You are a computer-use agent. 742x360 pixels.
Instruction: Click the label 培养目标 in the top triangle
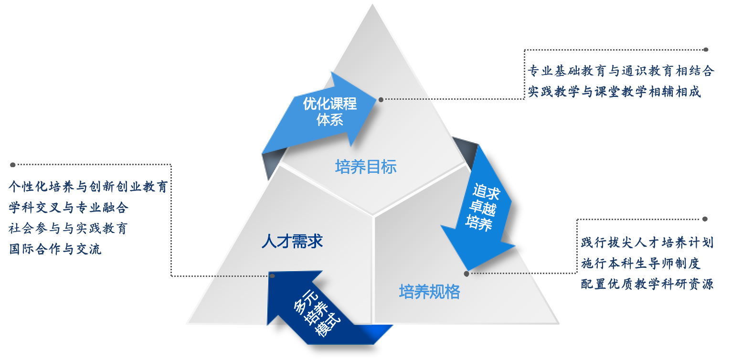pyautogui.click(x=366, y=167)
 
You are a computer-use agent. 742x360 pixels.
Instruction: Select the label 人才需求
pyautogui.click(x=292, y=241)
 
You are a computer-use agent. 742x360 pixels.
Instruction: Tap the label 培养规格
pyautogui.click(x=429, y=292)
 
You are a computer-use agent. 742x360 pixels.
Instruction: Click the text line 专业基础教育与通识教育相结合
pyautogui.click(x=621, y=71)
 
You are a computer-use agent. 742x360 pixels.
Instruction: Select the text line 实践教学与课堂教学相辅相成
pyautogui.click(x=615, y=92)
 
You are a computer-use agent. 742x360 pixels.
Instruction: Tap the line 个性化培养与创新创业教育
pyautogui.click(x=88, y=187)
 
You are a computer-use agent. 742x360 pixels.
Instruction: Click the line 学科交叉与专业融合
pyautogui.click(x=69, y=208)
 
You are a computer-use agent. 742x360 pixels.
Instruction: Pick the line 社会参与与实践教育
pyautogui.click(x=68, y=228)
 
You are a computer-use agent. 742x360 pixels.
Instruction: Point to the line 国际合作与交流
pyautogui.click(x=55, y=249)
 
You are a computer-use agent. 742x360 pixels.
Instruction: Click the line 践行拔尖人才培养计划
pyautogui.click(x=647, y=243)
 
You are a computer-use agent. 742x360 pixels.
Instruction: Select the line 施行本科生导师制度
pyautogui.click(x=640, y=263)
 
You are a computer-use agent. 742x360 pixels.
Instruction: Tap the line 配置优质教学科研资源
pyautogui.click(x=647, y=284)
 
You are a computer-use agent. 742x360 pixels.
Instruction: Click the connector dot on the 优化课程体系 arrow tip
pyautogui.click(x=381, y=100)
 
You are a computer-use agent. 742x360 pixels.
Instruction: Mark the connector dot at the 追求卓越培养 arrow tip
pyautogui.click(x=466, y=274)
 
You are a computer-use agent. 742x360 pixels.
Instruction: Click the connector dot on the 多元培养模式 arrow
pyautogui.click(x=272, y=276)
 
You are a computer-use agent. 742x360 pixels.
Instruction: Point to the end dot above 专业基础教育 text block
pyautogui.click(x=706, y=50)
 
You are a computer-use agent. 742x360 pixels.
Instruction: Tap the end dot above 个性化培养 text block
pyautogui.click(x=13, y=165)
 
